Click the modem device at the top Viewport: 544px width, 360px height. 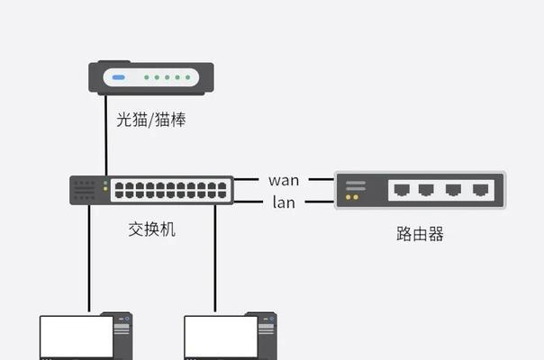coord(151,78)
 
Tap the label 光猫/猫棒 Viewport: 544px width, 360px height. coord(150,119)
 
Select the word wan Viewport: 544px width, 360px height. coord(284,180)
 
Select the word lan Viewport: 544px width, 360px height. coord(284,202)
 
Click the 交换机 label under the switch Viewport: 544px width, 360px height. coord(151,229)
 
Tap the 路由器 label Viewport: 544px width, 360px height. coord(420,234)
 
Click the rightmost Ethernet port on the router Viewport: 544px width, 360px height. coord(483,190)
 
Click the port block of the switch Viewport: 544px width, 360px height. coord(170,190)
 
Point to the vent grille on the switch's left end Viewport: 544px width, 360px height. coord(85,190)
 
